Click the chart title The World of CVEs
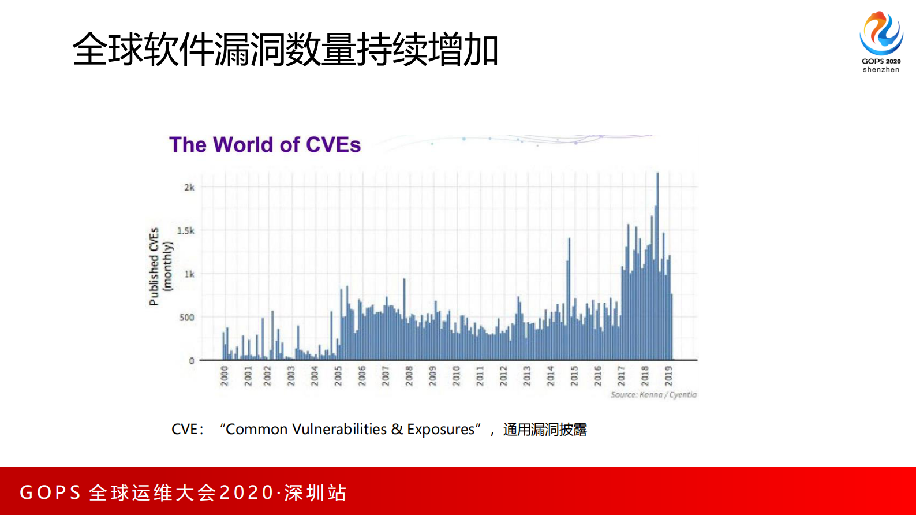point(264,144)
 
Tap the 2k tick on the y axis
point(189,187)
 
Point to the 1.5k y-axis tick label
point(185,230)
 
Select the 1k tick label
point(189,274)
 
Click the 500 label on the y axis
point(186,317)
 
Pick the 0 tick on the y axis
point(192,360)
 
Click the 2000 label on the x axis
point(225,375)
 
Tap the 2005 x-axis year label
point(338,375)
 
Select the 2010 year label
point(456,375)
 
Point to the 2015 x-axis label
point(574,375)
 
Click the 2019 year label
point(668,375)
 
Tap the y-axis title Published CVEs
point(154,266)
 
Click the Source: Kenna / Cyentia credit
point(653,395)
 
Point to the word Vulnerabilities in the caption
point(339,430)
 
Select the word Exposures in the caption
point(440,430)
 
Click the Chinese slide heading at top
point(285,50)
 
